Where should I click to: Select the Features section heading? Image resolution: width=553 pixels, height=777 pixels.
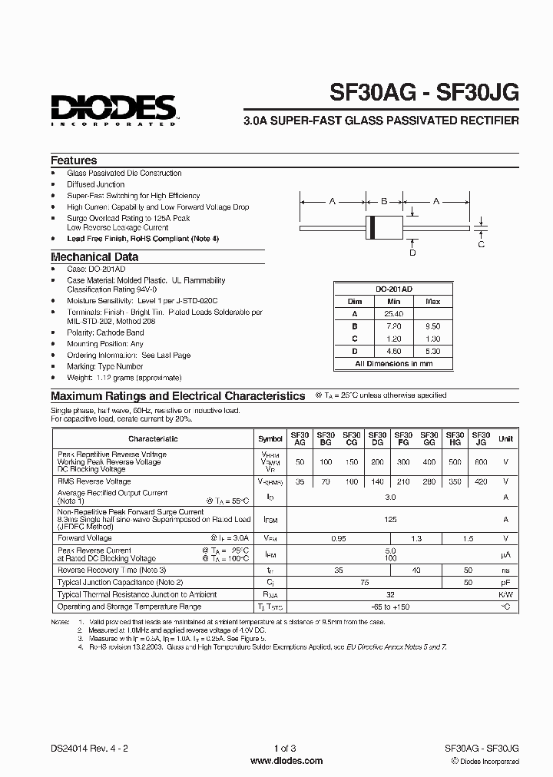click(74, 160)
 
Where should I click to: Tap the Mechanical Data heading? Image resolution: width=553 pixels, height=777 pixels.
click(94, 257)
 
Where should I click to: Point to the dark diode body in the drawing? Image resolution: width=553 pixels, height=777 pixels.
click(384, 228)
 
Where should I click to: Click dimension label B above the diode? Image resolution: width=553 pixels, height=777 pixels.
click(384, 202)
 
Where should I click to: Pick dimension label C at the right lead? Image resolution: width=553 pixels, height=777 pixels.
click(482, 244)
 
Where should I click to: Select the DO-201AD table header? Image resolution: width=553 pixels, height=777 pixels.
click(393, 289)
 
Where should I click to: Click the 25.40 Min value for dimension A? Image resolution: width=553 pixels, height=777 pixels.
click(394, 314)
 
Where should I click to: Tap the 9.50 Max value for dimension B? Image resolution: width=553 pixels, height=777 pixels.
click(433, 326)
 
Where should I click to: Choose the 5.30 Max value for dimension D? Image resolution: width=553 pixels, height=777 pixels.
click(433, 351)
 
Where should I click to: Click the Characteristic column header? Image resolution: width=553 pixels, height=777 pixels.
click(153, 438)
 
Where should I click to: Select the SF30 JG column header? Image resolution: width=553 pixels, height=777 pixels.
click(481, 438)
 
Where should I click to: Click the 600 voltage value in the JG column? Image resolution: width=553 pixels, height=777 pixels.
click(481, 462)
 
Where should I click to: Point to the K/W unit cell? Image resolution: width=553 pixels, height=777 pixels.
click(505, 594)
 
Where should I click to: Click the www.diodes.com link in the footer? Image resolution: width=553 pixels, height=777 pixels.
click(287, 761)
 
